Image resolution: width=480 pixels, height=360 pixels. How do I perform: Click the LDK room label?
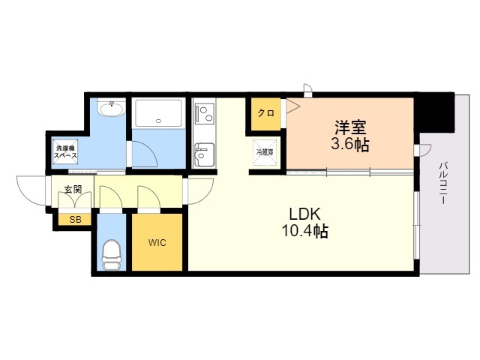tap(299, 213)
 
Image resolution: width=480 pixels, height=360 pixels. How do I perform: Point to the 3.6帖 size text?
tap(350, 144)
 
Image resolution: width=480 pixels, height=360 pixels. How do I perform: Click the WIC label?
tap(157, 242)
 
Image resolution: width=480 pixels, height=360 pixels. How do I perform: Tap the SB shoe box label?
tap(75, 220)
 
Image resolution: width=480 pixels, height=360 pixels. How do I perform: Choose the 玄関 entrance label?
tap(72, 187)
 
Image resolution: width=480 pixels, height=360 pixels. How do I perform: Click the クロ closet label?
tap(265, 114)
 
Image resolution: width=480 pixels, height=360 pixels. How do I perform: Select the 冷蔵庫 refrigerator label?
tap(266, 152)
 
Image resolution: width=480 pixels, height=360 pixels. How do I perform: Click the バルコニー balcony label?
tap(443, 183)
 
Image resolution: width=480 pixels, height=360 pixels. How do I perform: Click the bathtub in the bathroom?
tap(158, 113)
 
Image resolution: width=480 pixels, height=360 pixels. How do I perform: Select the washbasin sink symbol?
tap(112, 110)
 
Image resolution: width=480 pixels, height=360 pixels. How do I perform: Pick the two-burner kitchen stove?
tap(204, 113)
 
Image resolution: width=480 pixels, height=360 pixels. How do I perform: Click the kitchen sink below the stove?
tap(203, 157)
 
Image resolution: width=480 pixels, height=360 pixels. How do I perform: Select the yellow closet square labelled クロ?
tap(265, 114)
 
